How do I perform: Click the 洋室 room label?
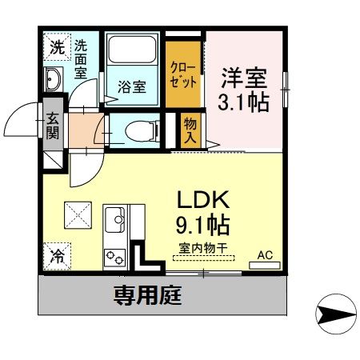pyautogui.click(x=243, y=79)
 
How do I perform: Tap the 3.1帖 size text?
pyautogui.click(x=243, y=102)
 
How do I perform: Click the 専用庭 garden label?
pyautogui.click(x=146, y=297)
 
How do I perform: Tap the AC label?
pyautogui.click(x=265, y=255)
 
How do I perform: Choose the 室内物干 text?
pyautogui.click(x=199, y=248)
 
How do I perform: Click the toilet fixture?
pyautogui.click(x=134, y=131)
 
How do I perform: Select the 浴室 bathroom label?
pyautogui.click(x=132, y=86)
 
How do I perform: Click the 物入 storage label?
pyautogui.click(x=190, y=130)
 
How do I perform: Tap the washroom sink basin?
pyautogui.click(x=54, y=81)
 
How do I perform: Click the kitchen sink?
pyautogui.click(x=115, y=218)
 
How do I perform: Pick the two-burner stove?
pyautogui.click(x=114, y=257)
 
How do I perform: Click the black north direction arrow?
pyautogui.click(x=334, y=314)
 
